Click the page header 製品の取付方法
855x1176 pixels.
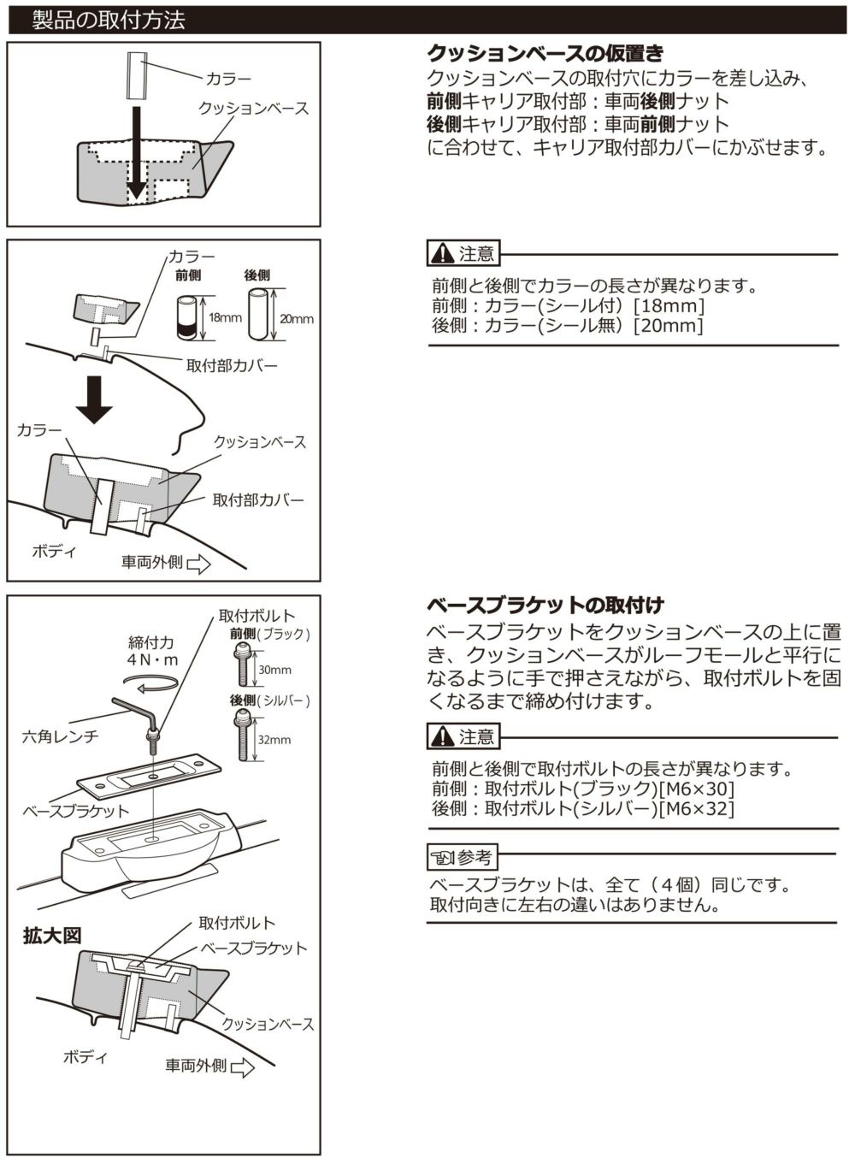click(x=109, y=20)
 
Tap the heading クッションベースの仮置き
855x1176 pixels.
click(x=545, y=54)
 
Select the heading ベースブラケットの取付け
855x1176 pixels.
click(x=545, y=606)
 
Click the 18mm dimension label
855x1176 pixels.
click(x=226, y=317)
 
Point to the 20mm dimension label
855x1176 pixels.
click(x=297, y=319)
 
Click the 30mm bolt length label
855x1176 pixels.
click(x=274, y=670)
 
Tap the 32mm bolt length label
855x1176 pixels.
click(x=274, y=740)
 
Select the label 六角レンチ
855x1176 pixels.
click(x=60, y=736)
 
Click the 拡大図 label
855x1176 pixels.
click(x=52, y=936)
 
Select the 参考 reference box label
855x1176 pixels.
click(x=462, y=856)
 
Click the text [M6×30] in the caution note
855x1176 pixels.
click(x=697, y=789)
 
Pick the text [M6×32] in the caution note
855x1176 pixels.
click(x=697, y=808)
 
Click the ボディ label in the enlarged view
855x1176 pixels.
click(x=85, y=1057)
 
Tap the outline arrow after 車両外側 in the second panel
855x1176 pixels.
click(x=198, y=564)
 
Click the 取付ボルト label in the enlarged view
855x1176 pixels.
click(x=237, y=923)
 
